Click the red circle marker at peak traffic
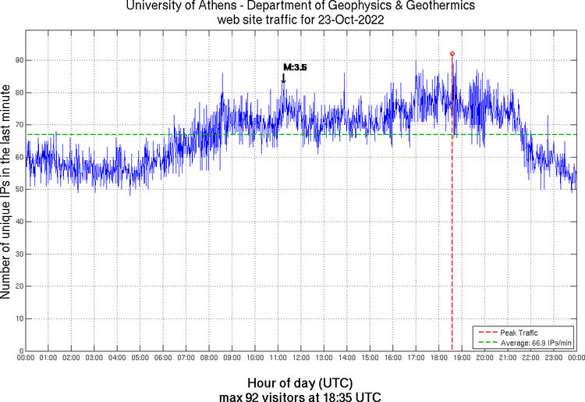[x=452, y=54]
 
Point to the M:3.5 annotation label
[x=295, y=68]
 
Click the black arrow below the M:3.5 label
[x=283, y=78]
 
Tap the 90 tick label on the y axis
[x=18, y=60]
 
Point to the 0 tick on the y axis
[x=20, y=351]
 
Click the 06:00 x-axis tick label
[x=163, y=358]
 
